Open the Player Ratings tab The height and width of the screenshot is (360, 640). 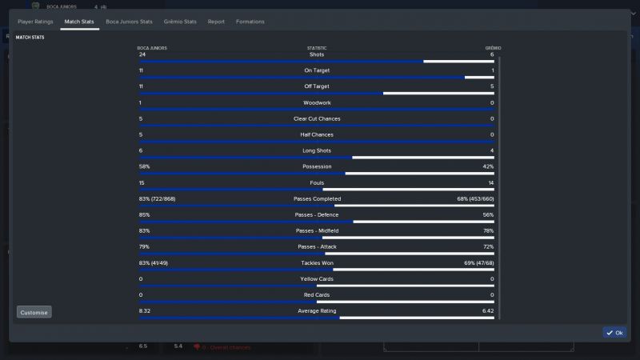[35, 22]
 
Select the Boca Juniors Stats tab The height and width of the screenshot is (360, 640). [130, 22]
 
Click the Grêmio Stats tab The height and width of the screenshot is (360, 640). [180, 22]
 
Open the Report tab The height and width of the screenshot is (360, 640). [216, 22]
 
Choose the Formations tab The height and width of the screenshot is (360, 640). [250, 22]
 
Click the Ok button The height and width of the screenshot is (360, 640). [614, 332]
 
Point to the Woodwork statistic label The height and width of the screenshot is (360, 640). [317, 102]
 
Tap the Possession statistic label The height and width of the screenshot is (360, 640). [317, 166]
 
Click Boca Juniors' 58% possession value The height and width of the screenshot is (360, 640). [145, 166]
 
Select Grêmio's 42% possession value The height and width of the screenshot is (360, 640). [488, 166]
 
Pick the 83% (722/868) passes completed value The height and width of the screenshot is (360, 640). [157, 198]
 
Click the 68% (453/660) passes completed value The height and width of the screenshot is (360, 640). [475, 198]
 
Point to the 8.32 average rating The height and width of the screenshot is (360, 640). [145, 310]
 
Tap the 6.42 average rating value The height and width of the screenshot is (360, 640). [488, 310]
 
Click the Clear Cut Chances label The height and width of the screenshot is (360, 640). [317, 118]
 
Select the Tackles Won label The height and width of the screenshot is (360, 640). [317, 262]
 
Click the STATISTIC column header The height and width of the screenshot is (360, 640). [317, 48]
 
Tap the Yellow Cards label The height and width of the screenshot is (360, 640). [317, 278]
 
